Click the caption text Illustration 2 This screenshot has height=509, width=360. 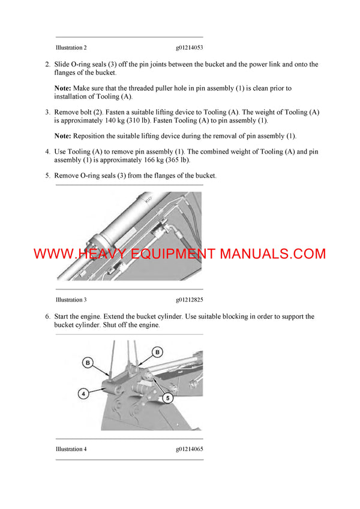pyautogui.click(x=71, y=47)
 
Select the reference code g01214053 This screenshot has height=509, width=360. pyautogui.click(x=190, y=47)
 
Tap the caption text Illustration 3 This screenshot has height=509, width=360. pyautogui.click(x=71, y=299)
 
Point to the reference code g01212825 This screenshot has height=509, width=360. pyautogui.click(x=190, y=299)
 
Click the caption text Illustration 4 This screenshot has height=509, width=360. pyautogui.click(x=71, y=449)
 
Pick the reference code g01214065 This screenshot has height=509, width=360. pyautogui.click(x=190, y=449)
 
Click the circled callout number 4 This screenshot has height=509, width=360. pyautogui.click(x=85, y=394)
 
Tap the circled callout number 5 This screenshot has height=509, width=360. pyautogui.click(x=167, y=396)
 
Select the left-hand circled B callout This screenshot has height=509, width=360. pyautogui.click(x=88, y=362)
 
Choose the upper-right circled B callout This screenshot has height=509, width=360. pyautogui.click(x=158, y=351)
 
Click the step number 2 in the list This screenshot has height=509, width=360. pyautogui.click(x=47, y=64)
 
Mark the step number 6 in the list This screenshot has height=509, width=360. pyautogui.click(x=47, y=317)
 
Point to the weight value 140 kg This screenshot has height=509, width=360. pyautogui.click(x=118, y=121)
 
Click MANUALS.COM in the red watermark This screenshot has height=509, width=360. pyautogui.click(x=272, y=254)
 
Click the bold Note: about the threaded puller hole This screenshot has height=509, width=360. pyautogui.click(x=62, y=88)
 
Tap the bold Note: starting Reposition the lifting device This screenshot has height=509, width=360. pyautogui.click(x=62, y=136)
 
